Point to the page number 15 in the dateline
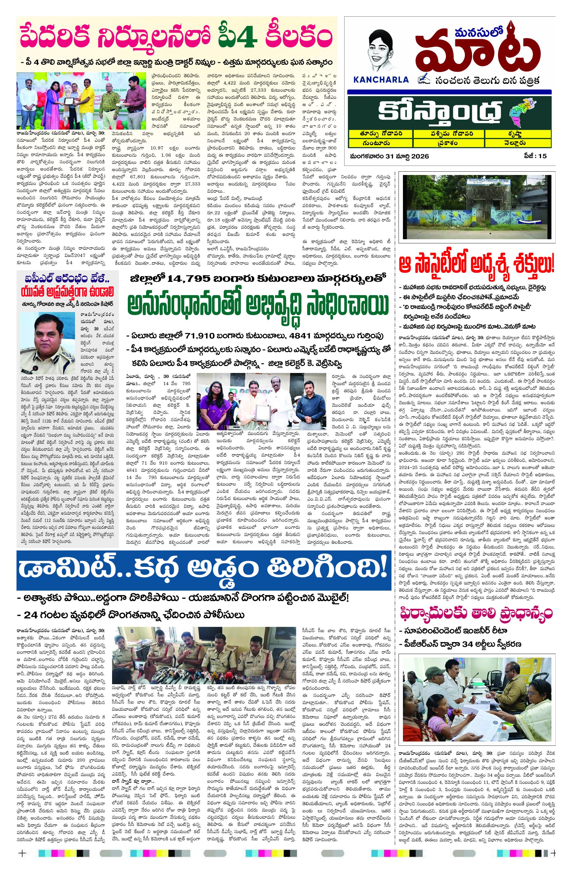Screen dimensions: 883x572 [543, 156]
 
